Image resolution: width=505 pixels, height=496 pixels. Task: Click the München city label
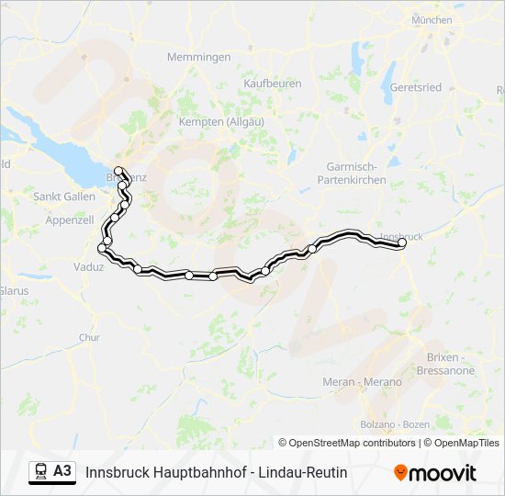click(x=432, y=19)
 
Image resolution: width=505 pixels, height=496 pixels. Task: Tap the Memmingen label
click(x=198, y=57)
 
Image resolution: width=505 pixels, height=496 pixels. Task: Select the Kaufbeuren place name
click(x=273, y=83)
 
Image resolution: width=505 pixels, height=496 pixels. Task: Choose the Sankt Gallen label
click(x=64, y=197)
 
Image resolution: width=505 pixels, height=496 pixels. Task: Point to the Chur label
click(x=89, y=337)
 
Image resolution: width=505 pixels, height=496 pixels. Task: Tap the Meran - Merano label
click(x=362, y=381)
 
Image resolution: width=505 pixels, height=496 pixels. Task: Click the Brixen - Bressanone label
click(x=451, y=364)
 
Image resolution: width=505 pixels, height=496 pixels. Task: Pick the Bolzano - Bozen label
click(x=395, y=423)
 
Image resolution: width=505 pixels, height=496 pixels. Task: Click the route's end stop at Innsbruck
click(x=401, y=243)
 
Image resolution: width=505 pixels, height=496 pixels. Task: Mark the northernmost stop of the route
click(x=118, y=170)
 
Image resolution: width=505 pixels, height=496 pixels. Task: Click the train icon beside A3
click(x=41, y=471)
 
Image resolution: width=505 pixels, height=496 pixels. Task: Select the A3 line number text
click(x=62, y=471)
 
